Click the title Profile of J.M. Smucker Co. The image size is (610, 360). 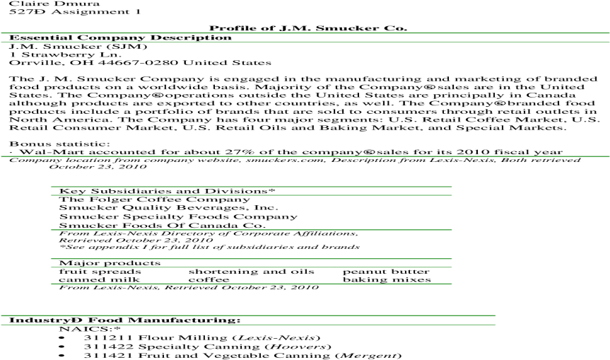point(308,28)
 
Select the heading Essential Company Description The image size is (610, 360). point(120,37)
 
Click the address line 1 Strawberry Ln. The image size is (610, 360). point(65,54)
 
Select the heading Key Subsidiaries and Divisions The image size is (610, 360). point(167,191)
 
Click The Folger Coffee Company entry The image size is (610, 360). point(155,199)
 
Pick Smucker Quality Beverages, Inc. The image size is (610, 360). point(168,207)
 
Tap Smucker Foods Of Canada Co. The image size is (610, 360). point(163,226)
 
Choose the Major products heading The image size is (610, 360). point(110,263)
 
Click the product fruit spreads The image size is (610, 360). point(100,272)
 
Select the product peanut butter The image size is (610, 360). point(386,272)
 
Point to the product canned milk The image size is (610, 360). point(99,279)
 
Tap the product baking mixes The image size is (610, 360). point(387,279)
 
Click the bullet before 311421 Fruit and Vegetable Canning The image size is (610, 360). point(61,356)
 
